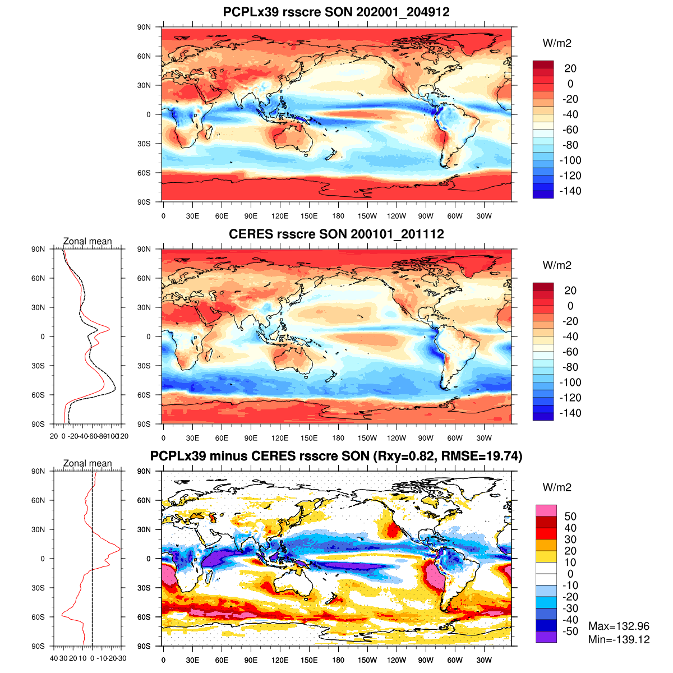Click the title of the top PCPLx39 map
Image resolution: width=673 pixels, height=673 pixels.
click(336, 12)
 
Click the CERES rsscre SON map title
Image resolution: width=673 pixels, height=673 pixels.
click(336, 234)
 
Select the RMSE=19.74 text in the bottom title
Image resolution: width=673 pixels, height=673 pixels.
click(481, 457)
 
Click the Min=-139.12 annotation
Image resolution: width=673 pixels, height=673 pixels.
click(619, 639)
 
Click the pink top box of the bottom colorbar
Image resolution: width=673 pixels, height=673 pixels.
click(546, 510)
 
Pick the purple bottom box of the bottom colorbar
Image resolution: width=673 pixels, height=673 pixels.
click(546, 637)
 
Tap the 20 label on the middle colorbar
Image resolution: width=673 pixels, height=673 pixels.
click(570, 291)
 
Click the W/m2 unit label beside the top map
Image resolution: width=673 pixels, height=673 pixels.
click(557, 44)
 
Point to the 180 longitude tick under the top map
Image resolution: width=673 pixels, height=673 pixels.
click(338, 216)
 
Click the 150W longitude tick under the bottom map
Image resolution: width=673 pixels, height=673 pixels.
click(367, 660)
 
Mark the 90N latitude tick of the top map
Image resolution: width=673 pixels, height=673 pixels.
click(145, 27)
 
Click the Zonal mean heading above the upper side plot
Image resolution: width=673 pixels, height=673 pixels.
click(87, 242)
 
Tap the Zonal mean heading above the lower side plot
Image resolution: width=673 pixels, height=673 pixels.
click(87, 464)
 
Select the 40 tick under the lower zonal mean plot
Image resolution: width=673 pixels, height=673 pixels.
click(54, 658)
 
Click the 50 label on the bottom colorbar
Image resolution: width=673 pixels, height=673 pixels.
click(570, 517)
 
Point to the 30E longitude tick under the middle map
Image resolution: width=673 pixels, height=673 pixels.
click(192, 438)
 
